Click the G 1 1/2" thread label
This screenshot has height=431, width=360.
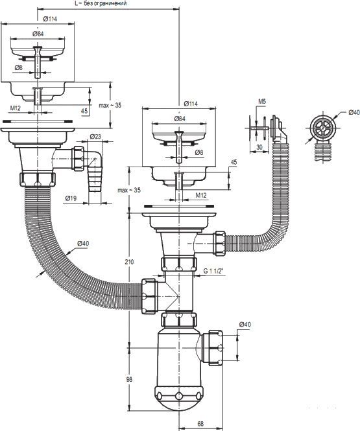[214, 270]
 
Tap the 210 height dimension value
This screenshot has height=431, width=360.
[129, 262]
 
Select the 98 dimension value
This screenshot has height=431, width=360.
[129, 379]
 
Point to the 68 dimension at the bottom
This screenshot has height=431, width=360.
[200, 424]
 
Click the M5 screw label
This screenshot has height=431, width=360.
[262, 101]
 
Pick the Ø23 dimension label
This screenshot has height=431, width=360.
[95, 136]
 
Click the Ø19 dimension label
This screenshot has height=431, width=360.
[71, 198]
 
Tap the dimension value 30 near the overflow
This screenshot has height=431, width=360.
[259, 147]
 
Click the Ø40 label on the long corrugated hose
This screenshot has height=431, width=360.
[83, 243]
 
